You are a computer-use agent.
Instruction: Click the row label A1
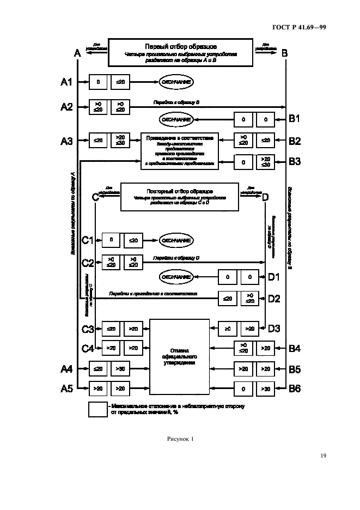[66, 82]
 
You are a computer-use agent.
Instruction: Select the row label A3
[66, 141]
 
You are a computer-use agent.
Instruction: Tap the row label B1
[295, 118]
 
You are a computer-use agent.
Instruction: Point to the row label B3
[295, 162]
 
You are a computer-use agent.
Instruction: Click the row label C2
[88, 263]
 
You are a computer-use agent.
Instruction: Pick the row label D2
[274, 298]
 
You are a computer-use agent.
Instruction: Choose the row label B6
[295, 389]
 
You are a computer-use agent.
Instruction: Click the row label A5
[66, 389]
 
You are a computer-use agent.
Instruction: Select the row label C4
[88, 348]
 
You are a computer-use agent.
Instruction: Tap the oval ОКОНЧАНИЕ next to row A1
[175, 82]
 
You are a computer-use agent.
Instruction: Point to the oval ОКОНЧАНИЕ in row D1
[175, 277]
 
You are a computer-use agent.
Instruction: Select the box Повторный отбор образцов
[179, 197]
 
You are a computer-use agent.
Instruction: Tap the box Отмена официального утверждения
[179, 355]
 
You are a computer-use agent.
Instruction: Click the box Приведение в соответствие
[179, 150]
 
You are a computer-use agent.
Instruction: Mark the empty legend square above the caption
[97, 410]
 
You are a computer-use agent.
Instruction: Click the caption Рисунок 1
[180, 439]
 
